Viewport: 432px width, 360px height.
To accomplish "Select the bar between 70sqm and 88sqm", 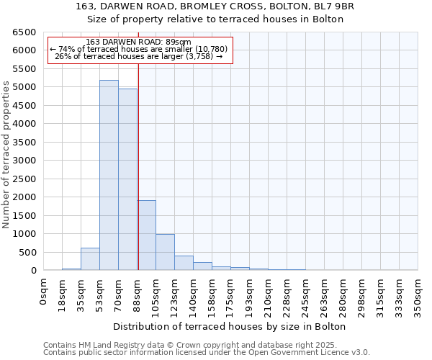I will [127, 179].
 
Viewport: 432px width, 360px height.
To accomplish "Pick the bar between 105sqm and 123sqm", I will [165, 252].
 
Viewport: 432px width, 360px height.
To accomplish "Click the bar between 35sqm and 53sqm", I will [90, 259].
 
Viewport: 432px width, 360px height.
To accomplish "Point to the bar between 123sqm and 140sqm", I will [184, 263].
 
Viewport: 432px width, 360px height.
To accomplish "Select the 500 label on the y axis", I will [27, 252].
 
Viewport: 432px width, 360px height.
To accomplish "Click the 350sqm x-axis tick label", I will [418, 295].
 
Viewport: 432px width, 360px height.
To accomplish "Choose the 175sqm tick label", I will [231, 295].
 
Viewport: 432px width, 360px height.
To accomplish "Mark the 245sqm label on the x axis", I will [306, 295].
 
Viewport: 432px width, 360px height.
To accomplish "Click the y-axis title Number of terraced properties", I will [7, 155].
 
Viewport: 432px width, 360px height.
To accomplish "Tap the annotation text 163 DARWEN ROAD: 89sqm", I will [138, 42].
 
